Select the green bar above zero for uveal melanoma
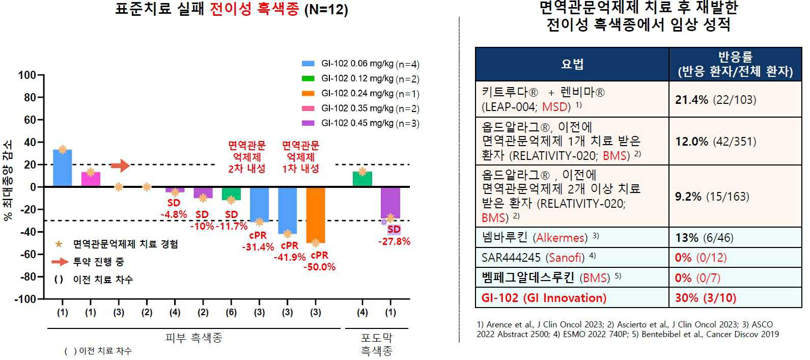tap(362, 179)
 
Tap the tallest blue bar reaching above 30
tap(63, 168)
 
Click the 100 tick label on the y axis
tap(27, 75)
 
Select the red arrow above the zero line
tap(120, 165)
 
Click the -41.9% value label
tap(290, 258)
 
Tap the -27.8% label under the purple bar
tap(394, 242)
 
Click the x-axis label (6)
tap(231, 312)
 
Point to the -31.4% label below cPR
tap(258, 247)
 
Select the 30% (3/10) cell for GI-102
tap(706, 298)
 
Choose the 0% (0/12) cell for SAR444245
tap(701, 258)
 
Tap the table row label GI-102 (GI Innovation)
tap(544, 298)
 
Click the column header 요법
tap(572, 64)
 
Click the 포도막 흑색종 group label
tap(376, 344)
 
